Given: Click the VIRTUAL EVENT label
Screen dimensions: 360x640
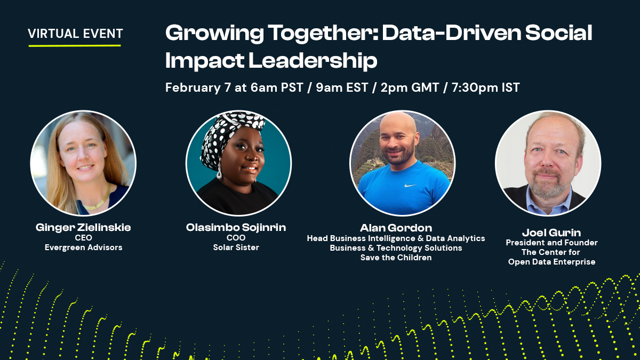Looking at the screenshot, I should click(x=75, y=34).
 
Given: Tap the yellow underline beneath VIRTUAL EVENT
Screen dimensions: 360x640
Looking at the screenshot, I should click(x=75, y=45).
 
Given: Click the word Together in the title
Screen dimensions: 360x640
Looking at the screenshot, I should click(x=281, y=34).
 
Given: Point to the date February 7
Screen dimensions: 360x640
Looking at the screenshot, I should click(x=198, y=87).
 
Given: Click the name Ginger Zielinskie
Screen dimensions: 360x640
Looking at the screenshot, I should click(x=83, y=228).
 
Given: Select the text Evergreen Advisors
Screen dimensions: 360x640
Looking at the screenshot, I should click(x=83, y=247).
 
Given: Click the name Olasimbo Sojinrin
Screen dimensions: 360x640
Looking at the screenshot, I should click(x=236, y=228).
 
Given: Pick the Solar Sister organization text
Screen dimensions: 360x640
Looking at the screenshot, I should click(x=236, y=247).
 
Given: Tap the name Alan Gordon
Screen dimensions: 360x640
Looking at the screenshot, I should click(x=396, y=228).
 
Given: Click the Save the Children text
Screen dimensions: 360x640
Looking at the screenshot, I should click(x=396, y=258).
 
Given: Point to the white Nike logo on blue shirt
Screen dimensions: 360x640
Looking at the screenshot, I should click(x=411, y=186).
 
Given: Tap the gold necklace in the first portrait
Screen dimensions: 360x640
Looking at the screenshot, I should click(x=96, y=204).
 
